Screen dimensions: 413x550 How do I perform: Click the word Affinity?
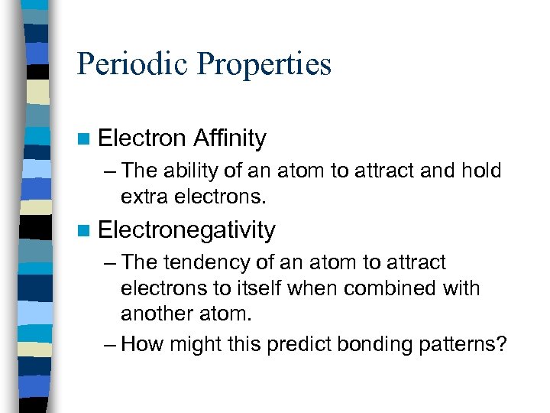[229, 138]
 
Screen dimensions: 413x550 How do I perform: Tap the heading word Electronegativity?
[186, 230]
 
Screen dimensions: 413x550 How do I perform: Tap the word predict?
[296, 344]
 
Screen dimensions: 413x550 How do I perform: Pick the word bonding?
[371, 344]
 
